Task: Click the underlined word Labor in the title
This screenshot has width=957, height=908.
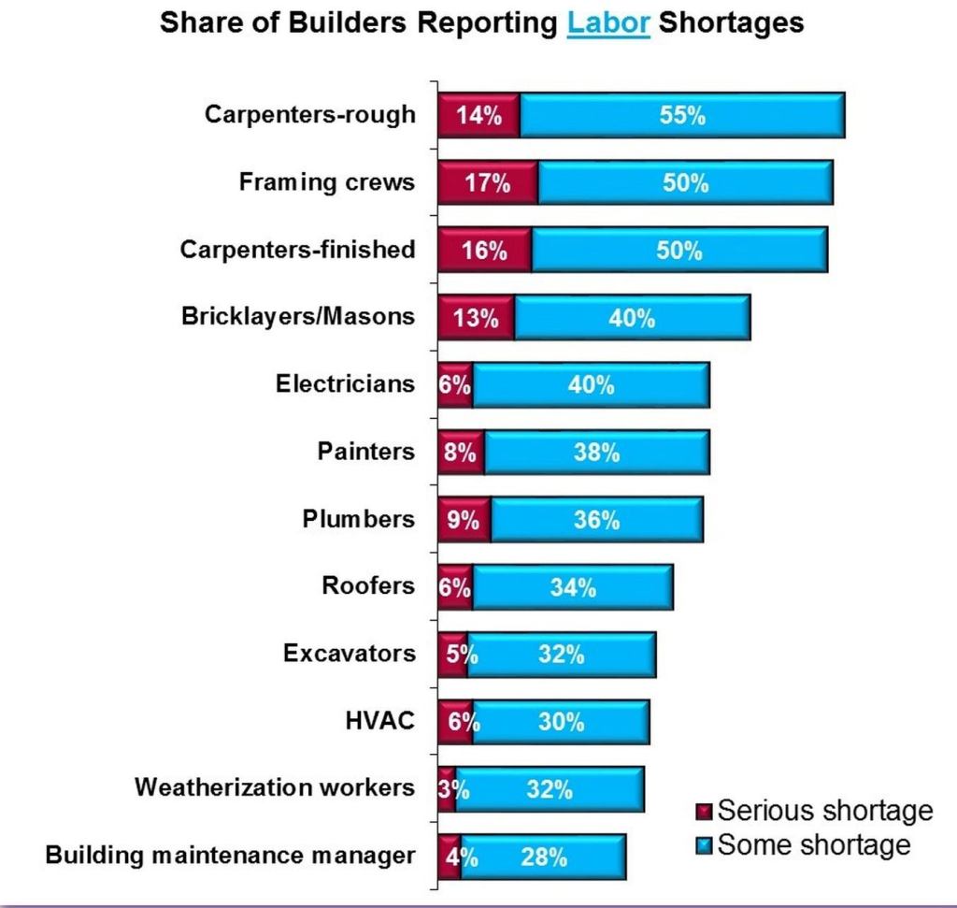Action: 607,22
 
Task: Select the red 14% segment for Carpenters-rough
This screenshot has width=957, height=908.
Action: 478,116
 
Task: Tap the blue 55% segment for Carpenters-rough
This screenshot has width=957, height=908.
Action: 682,116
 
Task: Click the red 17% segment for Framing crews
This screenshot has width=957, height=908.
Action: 488,183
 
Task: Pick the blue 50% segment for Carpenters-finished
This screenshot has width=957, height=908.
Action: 679,251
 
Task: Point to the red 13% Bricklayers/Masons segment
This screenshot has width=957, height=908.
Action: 476,318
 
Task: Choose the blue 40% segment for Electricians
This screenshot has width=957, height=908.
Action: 591,385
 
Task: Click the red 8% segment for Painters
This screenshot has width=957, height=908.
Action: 461,453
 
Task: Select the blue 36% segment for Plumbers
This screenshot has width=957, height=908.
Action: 597,520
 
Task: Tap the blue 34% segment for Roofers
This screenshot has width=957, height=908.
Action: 573,587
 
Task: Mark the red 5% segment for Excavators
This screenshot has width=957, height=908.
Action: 452,655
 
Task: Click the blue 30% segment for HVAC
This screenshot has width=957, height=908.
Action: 561,722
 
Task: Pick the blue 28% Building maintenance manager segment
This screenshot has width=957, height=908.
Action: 543,857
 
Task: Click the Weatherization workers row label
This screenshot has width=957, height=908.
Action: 274,787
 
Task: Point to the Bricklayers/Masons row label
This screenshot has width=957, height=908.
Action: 297,316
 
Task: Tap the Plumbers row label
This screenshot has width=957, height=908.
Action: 358,519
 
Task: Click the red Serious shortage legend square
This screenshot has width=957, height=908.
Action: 704,811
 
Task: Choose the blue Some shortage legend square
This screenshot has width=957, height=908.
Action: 704,846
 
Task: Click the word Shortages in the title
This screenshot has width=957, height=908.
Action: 731,22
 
